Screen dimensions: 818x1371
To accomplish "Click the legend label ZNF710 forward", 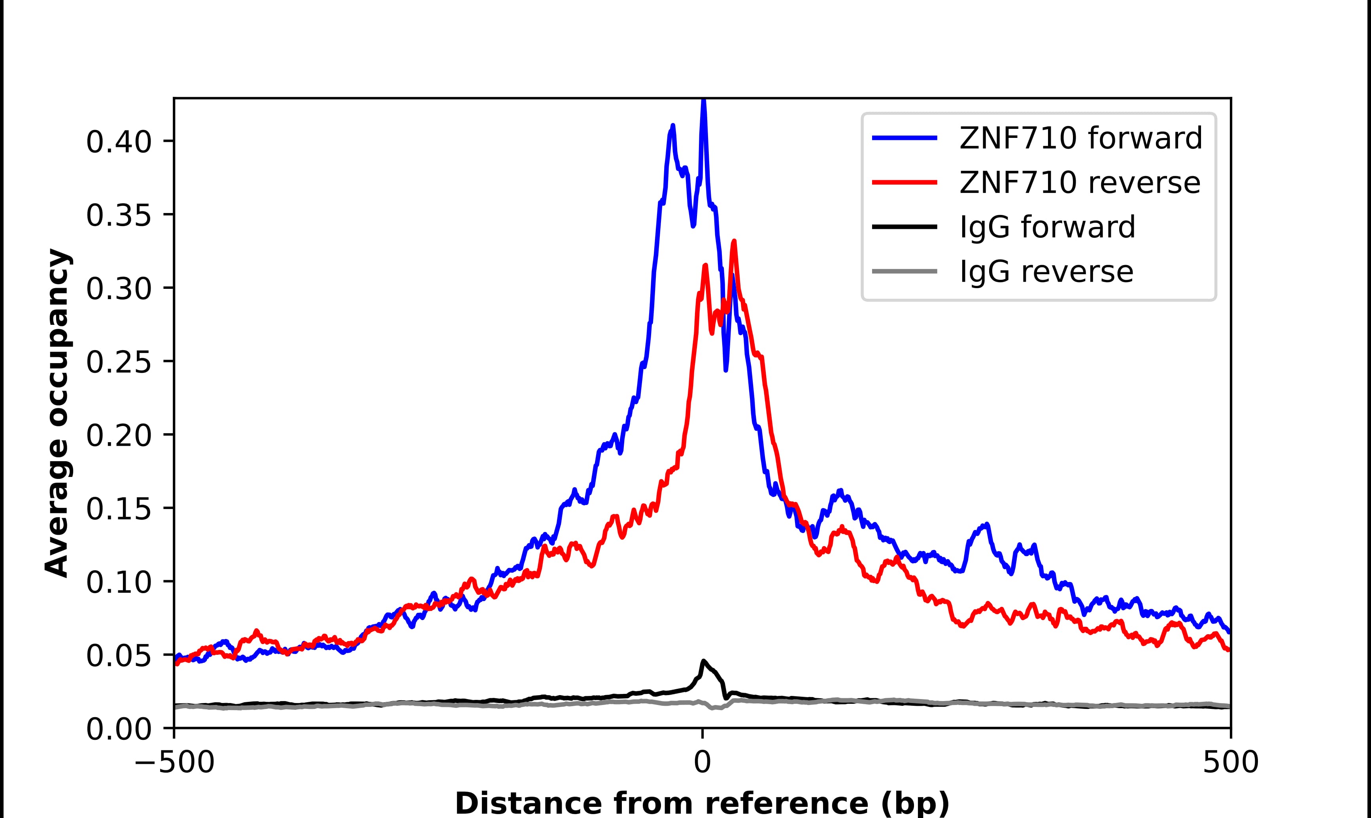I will (1080, 138).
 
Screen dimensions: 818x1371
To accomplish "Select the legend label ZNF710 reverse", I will (1079, 183).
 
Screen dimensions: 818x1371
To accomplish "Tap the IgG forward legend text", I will (1047, 227).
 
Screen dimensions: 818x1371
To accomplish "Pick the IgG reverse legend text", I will (1046, 272).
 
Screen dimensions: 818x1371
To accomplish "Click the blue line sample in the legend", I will (905, 138).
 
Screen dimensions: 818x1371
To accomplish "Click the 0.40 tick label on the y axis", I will (119, 142).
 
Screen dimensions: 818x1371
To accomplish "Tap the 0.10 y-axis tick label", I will (119, 582).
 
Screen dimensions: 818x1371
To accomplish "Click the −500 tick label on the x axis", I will (175, 763).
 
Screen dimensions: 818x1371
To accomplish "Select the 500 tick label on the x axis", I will (1230, 763).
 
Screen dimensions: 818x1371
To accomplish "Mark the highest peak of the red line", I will (734, 242).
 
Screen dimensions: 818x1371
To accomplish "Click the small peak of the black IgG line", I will (703, 661).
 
